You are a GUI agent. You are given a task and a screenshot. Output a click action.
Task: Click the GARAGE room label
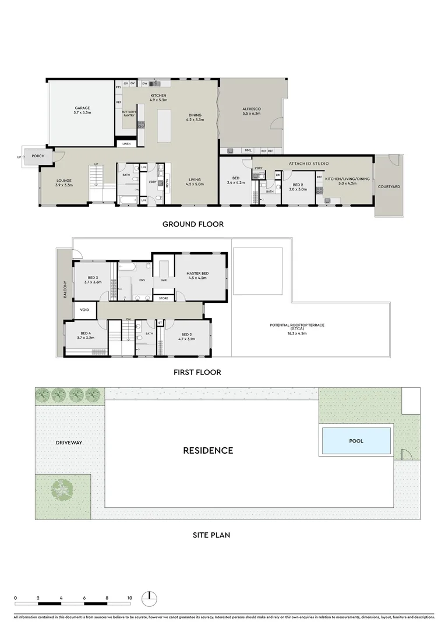82,108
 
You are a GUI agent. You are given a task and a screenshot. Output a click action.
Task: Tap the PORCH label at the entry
38,157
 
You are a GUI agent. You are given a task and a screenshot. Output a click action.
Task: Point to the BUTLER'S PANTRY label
129,114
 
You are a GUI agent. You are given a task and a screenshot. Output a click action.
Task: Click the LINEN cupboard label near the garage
126,143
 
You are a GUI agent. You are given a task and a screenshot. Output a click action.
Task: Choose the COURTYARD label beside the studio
388,187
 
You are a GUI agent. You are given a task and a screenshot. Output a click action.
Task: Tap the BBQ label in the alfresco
247,151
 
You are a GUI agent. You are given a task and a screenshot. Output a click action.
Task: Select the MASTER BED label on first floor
197,273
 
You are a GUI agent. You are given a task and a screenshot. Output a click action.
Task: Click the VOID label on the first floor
84,310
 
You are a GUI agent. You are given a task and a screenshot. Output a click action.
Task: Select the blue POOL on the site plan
356,441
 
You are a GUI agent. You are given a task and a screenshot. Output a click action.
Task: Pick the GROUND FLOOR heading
193,224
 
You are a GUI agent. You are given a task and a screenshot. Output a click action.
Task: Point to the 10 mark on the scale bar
130,598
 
